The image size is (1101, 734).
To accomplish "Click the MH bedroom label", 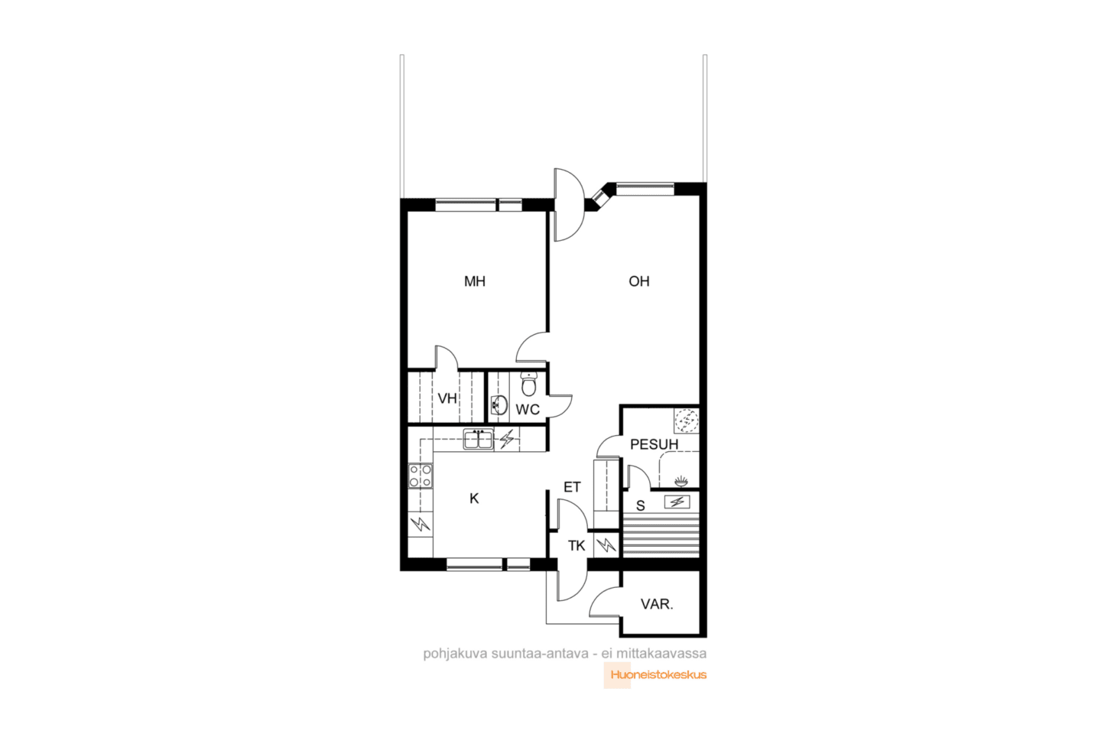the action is tap(474, 281).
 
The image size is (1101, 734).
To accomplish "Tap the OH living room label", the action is tap(639, 281).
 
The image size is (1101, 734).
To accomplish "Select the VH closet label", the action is tap(447, 398).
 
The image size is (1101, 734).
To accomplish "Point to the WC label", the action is tap(528, 409).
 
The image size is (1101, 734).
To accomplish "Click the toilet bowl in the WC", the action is tap(529, 385).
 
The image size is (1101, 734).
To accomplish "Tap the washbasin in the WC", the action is tap(499, 405).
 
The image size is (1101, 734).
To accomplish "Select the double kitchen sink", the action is tap(479, 439).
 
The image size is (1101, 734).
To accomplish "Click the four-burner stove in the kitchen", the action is tap(421, 476).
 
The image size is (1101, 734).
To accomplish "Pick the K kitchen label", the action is tap(474, 499).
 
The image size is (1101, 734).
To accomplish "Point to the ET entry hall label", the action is tap(572, 487).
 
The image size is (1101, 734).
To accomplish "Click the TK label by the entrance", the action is tap(576, 545).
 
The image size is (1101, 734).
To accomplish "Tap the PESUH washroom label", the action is tap(654, 444).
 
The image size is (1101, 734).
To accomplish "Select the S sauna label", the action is tap(641, 505).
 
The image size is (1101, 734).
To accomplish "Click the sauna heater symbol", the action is tap(677, 502).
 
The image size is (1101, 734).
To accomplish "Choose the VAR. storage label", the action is tap(657, 604).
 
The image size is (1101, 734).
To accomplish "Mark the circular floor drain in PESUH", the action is tap(687, 421).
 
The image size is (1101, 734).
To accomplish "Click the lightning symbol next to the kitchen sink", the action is tap(507, 439).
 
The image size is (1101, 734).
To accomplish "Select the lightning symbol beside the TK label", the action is tap(606, 544).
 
